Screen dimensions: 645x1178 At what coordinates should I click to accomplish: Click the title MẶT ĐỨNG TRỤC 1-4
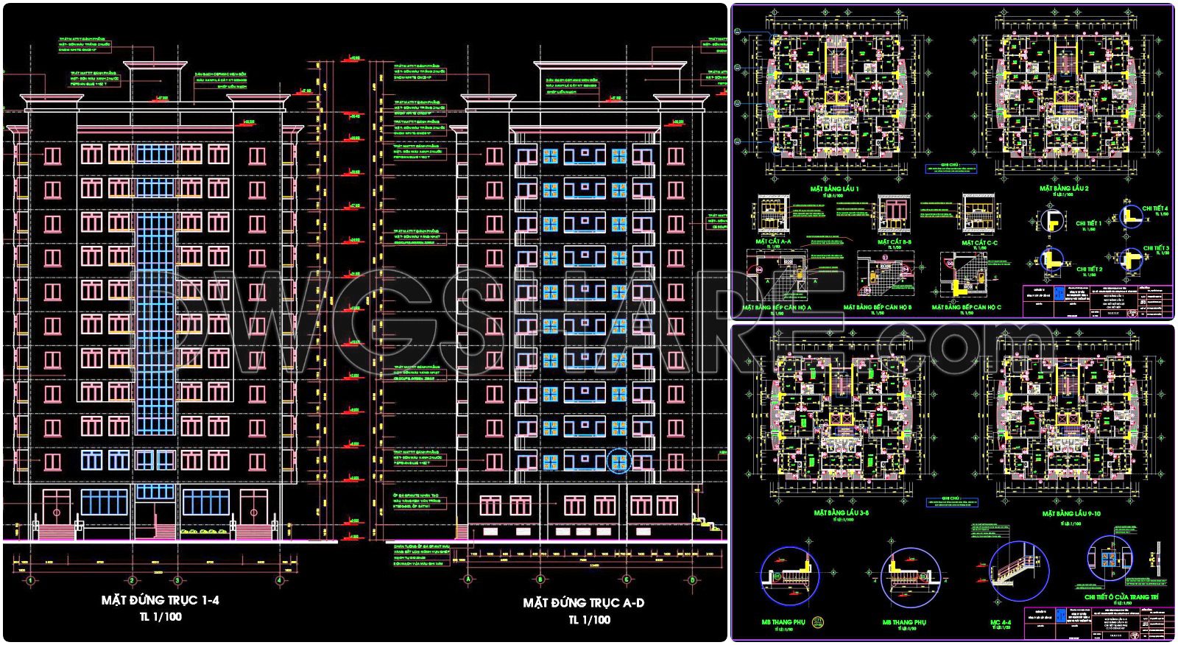tap(160, 600)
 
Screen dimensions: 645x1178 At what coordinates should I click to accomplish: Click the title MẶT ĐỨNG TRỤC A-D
tap(583, 602)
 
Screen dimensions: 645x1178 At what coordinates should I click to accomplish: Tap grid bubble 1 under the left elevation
tap(30, 580)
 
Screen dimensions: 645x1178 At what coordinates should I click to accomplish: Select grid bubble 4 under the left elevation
tap(279, 580)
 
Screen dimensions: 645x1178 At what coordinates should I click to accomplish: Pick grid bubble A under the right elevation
tap(468, 579)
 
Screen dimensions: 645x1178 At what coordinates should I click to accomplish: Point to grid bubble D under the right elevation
tap(692, 579)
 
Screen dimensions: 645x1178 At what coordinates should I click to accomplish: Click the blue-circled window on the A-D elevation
tap(619, 462)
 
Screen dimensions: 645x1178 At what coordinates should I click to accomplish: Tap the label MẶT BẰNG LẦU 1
tap(834, 188)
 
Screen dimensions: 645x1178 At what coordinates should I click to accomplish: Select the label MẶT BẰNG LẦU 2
tap(1063, 188)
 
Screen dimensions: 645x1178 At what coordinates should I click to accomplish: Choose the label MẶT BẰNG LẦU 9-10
tap(1071, 513)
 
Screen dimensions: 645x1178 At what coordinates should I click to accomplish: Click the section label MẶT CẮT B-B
tap(894, 242)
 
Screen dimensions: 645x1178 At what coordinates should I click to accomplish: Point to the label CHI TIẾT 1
tap(1088, 223)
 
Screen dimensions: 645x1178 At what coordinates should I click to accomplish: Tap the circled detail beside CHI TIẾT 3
tap(1129, 258)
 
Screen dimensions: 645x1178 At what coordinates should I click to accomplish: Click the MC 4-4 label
tap(1001, 623)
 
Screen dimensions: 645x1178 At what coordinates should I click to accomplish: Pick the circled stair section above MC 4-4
tap(1017, 571)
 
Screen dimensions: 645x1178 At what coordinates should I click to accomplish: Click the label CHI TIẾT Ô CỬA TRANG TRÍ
tap(1121, 596)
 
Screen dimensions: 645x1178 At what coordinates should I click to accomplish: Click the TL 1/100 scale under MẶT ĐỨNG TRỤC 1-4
tap(160, 617)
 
